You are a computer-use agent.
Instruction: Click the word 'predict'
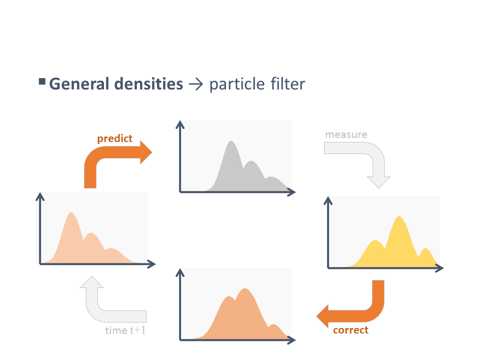(115, 138)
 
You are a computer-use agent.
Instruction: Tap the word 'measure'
(346, 134)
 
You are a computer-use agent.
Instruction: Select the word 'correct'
(351, 330)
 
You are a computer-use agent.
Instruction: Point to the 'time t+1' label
(125, 330)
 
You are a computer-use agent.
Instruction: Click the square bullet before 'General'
(42, 81)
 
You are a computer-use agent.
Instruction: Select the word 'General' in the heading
(79, 84)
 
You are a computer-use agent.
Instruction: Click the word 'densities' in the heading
(149, 84)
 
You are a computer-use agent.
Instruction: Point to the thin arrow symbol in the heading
(196, 84)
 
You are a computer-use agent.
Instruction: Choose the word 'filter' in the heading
(288, 84)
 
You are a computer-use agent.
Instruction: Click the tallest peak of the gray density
(231, 141)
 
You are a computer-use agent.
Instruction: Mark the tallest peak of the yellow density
(399, 216)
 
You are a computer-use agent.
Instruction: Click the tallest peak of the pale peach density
(71, 212)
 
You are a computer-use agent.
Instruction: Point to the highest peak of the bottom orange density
(244, 288)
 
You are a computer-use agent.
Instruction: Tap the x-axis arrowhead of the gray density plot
(291, 192)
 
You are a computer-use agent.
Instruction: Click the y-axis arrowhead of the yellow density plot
(328, 200)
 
